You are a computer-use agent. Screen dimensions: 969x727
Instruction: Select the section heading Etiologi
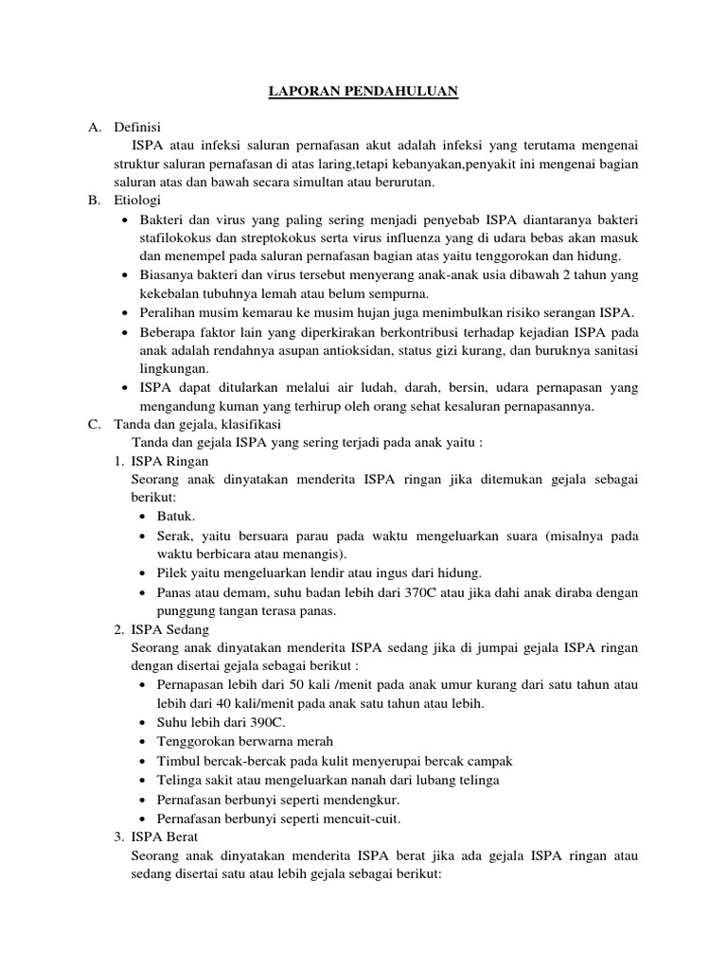point(137,200)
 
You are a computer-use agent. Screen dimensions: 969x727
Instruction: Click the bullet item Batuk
point(176,517)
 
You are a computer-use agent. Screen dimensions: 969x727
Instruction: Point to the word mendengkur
point(349,800)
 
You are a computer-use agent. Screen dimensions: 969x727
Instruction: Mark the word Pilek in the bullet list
point(173,573)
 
